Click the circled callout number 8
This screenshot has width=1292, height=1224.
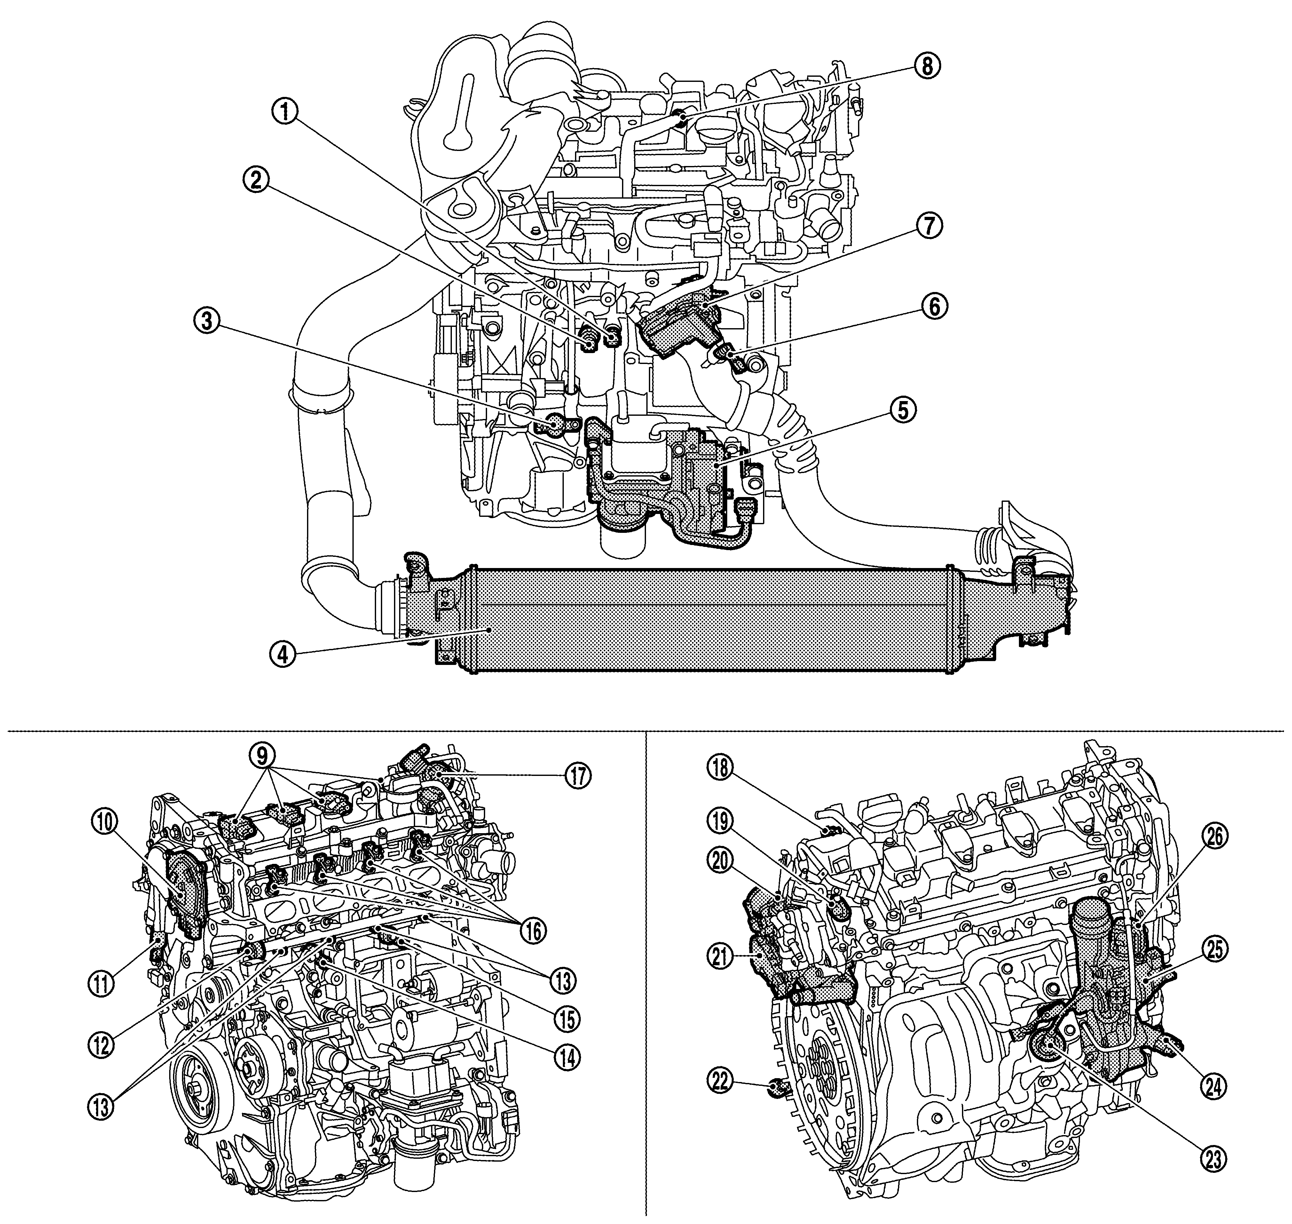tap(927, 67)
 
